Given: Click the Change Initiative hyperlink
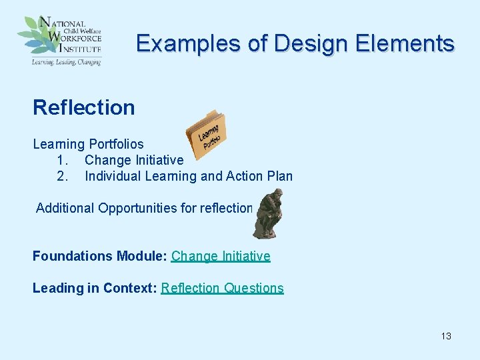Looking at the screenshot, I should [221, 256].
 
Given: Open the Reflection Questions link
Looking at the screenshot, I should [222, 288].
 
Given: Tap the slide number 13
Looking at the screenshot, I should [446, 336].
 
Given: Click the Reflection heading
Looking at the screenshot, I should [83, 107].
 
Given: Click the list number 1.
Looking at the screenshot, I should [63, 160].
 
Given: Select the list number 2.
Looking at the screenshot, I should [63, 176].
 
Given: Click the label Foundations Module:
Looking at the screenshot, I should [100, 256].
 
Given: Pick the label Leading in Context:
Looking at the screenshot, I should [95, 288].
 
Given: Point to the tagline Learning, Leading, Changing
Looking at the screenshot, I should [66, 62].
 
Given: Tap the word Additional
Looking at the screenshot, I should [65, 208].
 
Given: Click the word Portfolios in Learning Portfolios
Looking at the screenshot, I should [116, 144].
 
